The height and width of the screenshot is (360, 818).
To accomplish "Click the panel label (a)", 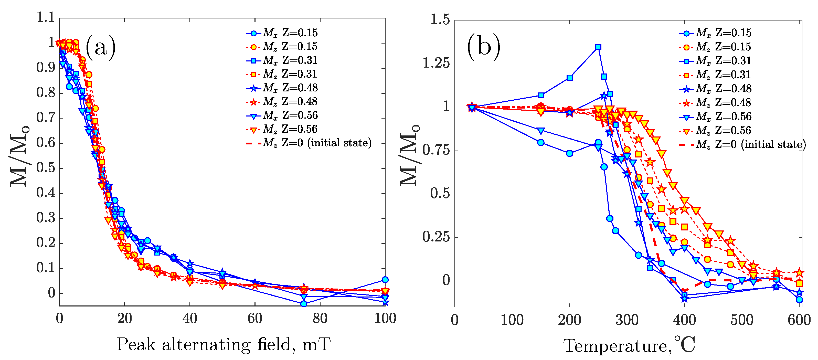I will pos(100,47).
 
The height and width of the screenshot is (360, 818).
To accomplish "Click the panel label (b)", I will pos(483,47).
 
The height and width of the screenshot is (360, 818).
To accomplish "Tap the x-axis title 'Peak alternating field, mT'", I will pos(224,344).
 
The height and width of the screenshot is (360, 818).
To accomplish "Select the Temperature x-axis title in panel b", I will pos(629,345).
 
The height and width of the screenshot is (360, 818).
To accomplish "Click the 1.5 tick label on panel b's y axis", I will pos(440,20).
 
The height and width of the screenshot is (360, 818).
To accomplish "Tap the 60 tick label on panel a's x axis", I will pos(255,319).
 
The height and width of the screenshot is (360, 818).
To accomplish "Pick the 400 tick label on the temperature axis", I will pos(684,320).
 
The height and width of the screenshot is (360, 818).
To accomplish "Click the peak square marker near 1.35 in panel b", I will pos(598,47).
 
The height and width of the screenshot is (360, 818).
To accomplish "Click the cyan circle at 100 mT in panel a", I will pos(385,280).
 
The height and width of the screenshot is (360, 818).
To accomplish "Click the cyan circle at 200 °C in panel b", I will pos(569,153).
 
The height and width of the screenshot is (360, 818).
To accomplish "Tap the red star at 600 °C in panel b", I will pos(799,272).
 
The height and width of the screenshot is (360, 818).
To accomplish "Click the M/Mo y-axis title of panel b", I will pos(410,156).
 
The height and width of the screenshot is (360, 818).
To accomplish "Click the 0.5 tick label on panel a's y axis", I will pos(45,168).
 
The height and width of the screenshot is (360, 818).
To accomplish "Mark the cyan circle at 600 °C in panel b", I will pos(799,299).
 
